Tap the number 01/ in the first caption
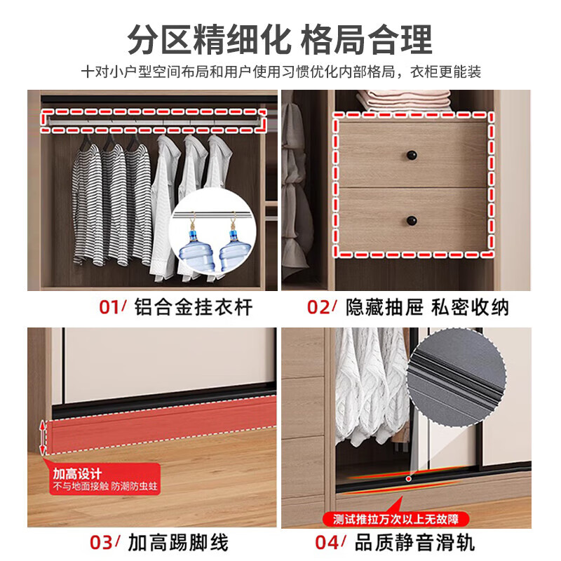tap(111, 307)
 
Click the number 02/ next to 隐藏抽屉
tap(323, 307)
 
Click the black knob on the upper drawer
tap(410, 154)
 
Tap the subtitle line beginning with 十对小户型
tap(280, 72)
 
